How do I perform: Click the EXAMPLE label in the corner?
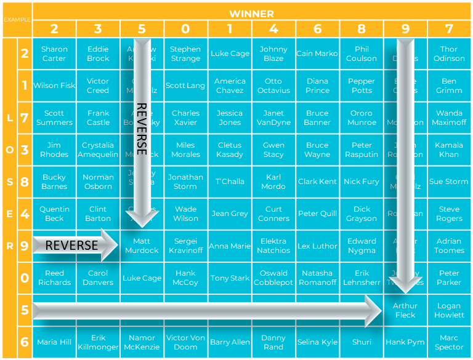pos(17,19)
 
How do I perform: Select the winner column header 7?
pos(449,29)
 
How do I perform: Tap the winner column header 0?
pos(185,29)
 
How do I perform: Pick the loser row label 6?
pos(25,342)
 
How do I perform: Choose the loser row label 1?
pos(25,86)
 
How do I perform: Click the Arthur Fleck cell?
pos(405,310)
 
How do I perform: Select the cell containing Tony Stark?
pos(230,278)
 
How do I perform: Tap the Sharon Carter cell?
pos(54,54)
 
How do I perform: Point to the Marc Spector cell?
pos(449,342)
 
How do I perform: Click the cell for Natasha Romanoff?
pos(317,278)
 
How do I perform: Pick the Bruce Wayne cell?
pos(317,150)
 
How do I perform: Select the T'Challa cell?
pos(230,182)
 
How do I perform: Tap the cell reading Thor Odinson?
pos(449,54)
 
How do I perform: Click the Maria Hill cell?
pos(54,342)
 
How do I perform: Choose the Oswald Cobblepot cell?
pos(273,278)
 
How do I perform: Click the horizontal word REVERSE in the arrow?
pos(71,246)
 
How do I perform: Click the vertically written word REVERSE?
pos(142,129)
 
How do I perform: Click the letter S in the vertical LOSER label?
pos(9,182)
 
